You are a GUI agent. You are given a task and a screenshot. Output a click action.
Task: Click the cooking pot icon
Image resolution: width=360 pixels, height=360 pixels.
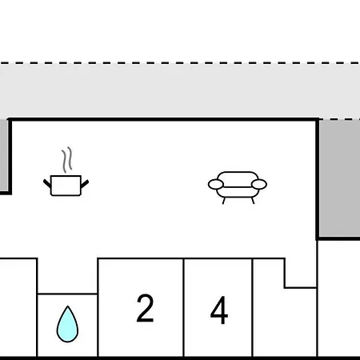point(66,186)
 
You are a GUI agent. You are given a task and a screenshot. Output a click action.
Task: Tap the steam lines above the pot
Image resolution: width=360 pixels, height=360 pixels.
point(67,160)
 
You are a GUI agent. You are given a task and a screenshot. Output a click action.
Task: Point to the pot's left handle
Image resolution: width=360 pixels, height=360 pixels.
point(47,183)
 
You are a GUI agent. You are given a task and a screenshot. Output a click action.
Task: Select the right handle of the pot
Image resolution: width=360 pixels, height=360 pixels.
point(85,184)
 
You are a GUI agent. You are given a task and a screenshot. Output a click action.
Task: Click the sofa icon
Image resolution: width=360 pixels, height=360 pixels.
point(238,187)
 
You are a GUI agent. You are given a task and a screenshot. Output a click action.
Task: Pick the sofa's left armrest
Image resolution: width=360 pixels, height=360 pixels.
point(216,184)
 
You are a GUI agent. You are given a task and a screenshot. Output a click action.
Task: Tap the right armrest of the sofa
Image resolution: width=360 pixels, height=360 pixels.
point(259,184)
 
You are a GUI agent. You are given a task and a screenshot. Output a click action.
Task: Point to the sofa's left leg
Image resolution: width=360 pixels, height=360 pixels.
point(224,201)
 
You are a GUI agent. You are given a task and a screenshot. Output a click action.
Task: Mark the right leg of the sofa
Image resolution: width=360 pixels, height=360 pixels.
point(252,201)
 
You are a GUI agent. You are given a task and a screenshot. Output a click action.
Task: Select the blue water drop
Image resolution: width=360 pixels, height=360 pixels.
point(67,324)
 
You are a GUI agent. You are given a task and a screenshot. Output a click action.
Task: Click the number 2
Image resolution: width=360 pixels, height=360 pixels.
point(145,308)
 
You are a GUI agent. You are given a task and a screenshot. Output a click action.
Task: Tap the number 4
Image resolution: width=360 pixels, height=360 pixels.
point(219,310)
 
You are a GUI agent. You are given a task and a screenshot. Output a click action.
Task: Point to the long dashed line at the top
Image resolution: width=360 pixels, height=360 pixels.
point(180,63)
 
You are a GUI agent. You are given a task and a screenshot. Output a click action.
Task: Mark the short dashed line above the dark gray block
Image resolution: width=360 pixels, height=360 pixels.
point(339,119)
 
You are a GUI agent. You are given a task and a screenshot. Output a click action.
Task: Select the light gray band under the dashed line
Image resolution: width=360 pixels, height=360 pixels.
point(180,90)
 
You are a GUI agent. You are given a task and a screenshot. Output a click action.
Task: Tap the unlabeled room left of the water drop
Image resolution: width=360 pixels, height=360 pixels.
point(18,307)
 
